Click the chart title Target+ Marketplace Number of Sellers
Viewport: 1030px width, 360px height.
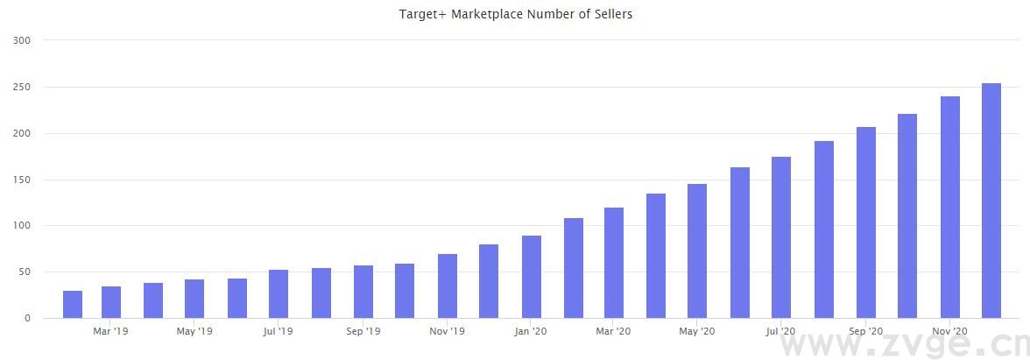click(x=515, y=14)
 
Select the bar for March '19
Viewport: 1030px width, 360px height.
click(x=111, y=302)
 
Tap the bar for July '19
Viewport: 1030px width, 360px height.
click(x=279, y=294)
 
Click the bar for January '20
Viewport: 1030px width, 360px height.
click(x=531, y=277)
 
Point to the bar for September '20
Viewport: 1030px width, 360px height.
click(x=865, y=222)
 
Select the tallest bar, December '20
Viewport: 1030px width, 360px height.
click(x=991, y=201)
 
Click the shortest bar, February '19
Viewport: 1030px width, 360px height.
click(x=73, y=304)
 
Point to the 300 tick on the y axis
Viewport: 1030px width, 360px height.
click(x=23, y=40)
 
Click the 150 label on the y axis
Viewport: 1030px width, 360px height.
click(x=23, y=180)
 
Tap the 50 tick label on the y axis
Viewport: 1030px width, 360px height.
click(x=25, y=272)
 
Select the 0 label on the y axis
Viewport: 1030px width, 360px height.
click(x=28, y=318)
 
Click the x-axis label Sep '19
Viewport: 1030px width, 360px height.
click(x=363, y=332)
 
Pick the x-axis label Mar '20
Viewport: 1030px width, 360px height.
click(x=613, y=332)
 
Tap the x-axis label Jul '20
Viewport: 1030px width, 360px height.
click(x=780, y=332)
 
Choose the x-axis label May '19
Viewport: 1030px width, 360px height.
click(x=194, y=332)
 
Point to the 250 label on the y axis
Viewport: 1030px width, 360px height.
click(x=23, y=88)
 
